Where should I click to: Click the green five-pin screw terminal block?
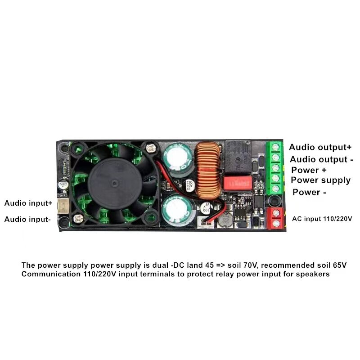tap(274, 168)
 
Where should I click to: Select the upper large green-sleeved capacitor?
tap(177, 158)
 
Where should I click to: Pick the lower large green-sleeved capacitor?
tap(177, 209)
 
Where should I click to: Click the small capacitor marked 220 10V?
tap(189, 184)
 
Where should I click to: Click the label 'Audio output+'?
tap(320, 147)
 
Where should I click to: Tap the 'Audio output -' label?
tap(321, 159)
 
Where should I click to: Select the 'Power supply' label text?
tap(320, 180)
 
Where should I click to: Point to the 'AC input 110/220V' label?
tap(322, 219)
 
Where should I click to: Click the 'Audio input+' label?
tap(28, 203)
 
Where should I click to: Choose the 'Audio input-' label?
tap(27, 220)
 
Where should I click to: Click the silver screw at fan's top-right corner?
tap(150, 147)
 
